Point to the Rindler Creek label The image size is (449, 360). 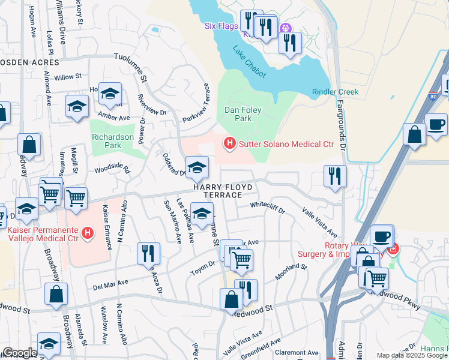coord(335,92)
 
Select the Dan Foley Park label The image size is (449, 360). coord(246,114)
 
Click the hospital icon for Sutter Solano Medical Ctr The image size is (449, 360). coord(229,143)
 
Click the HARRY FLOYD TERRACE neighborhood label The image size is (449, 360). coord(217,191)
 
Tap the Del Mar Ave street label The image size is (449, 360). coord(111,283)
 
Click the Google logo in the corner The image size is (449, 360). coord(20,353)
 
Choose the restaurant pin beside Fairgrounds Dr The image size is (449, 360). coord(334,176)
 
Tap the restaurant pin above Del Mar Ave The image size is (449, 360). coord(148,253)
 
